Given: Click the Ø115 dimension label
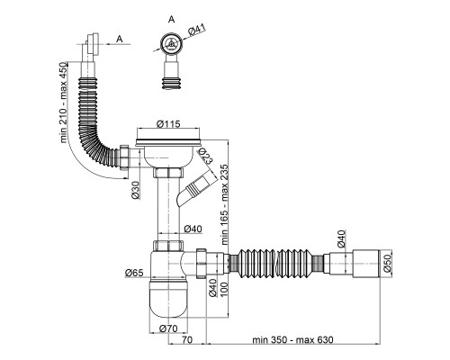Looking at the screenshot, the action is pos(168,123).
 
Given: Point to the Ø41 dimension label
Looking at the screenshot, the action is pos(197,30).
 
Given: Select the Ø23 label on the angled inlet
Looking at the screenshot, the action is pos(205,156).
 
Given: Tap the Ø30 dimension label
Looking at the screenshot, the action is pos(136,190).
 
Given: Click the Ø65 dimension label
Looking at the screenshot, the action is pos(134,273).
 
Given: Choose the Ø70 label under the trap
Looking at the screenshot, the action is pos(168,328).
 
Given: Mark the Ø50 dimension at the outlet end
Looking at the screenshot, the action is pos(387,264).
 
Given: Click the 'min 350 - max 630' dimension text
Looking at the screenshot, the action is pos(292,340).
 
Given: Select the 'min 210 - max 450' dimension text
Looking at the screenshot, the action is pos(64,103).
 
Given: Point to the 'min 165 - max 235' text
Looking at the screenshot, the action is pos(225,204).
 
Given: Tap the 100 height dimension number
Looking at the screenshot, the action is pos(225,289).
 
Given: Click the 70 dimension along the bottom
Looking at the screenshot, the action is pos(187,340).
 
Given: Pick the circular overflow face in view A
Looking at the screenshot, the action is pos(171,44).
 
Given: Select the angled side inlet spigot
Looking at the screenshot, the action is pos(197,190).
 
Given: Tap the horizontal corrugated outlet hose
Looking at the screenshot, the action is pos(276,264).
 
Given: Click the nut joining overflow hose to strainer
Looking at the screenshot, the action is pos(125,157).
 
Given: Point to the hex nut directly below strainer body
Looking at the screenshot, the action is pos(168,173).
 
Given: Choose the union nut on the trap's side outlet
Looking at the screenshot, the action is pos(202,264).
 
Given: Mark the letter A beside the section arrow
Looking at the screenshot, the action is pos(120,39).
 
